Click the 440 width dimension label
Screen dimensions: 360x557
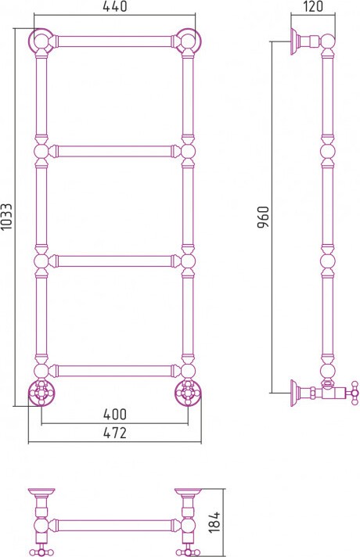click(x=114, y=6)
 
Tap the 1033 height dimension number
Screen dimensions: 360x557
click(x=7, y=217)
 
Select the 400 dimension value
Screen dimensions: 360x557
click(x=114, y=414)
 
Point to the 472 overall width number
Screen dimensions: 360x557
click(x=114, y=433)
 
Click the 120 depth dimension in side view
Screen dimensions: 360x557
click(x=313, y=6)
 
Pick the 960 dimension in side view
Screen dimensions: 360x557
click(x=264, y=217)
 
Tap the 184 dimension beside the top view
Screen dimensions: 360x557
click(x=214, y=522)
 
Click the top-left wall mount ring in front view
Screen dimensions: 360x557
click(x=41, y=40)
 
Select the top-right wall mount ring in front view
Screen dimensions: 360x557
click(x=189, y=40)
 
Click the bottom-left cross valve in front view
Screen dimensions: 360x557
click(x=41, y=393)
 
